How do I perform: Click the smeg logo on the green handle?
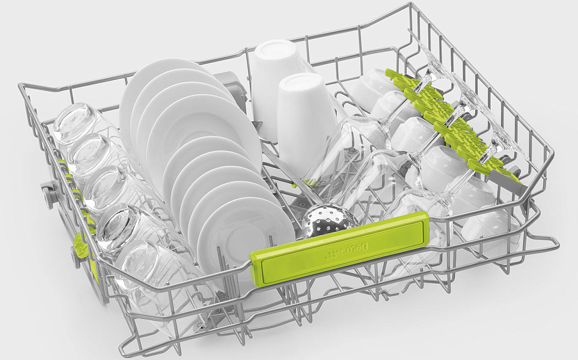tap(346, 250)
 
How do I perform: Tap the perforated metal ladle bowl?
tap(329, 220)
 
